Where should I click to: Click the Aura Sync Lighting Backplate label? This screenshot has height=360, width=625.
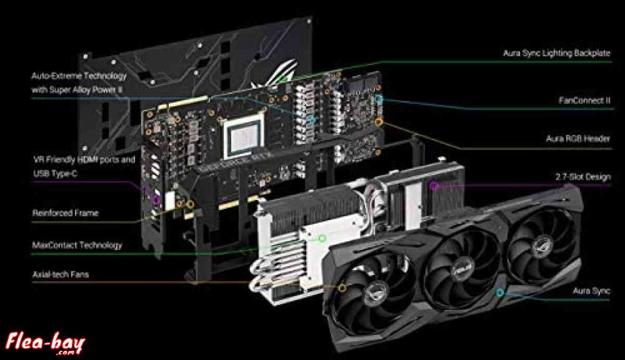coord(556,53)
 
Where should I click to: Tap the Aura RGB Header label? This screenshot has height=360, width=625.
coord(578,140)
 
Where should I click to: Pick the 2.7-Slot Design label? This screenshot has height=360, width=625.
coord(583,177)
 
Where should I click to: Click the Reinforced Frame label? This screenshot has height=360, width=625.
coord(65,213)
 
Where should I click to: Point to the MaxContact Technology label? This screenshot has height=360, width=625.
coord(77,245)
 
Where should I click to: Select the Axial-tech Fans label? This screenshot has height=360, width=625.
coord(60,274)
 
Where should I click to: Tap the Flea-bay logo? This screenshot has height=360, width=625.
coord(46,342)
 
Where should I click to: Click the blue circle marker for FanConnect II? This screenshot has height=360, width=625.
coord(379,98)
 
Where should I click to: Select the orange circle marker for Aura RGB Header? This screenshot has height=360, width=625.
coord(379,121)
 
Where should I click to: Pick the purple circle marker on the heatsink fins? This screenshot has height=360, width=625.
coord(433,185)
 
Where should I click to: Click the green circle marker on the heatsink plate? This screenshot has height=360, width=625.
coord(322,239)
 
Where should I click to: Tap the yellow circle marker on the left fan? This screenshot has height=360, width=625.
coord(342,287)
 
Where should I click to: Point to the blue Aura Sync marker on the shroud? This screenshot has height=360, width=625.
coord(501,293)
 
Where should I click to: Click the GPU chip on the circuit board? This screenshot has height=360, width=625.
coord(243,135)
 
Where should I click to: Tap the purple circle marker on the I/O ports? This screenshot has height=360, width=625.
coord(156,198)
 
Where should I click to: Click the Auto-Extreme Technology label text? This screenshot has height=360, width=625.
coord(79,76)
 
